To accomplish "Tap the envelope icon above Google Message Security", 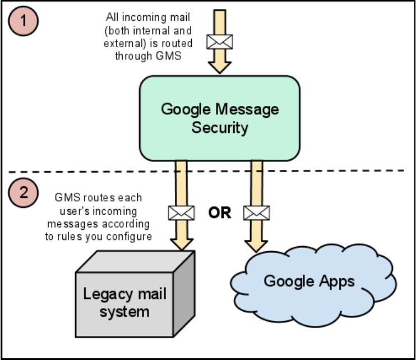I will point(220,41).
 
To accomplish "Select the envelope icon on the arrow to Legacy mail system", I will point(182,213).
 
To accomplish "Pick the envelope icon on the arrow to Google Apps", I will point(257,213).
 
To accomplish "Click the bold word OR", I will point(219,213).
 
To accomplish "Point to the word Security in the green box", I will point(220,127).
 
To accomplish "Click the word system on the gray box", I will point(125,311).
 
